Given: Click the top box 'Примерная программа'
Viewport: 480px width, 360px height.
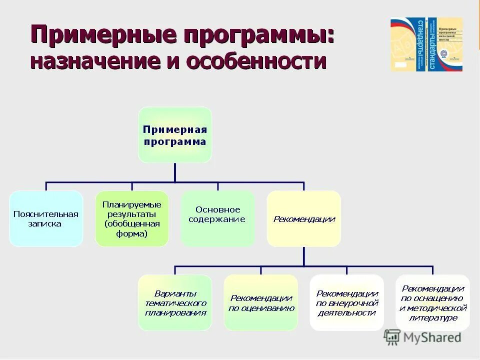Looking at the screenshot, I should tap(174, 134).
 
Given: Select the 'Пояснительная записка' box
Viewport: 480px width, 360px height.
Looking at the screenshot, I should tap(46, 218).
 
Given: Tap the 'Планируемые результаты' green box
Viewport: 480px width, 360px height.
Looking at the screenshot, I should tap(132, 218).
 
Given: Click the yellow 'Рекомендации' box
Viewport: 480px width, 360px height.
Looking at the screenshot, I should tap(304, 218).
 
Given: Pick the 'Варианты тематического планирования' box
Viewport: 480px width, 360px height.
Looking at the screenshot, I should tap(175, 302).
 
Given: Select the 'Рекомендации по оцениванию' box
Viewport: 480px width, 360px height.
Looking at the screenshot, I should tap(261, 302).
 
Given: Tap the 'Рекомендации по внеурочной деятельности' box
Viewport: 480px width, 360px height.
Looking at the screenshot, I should tap(347, 302).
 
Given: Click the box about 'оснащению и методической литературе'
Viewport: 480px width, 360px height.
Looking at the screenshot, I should tap(433, 302).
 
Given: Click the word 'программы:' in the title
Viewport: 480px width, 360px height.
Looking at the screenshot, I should tap(259, 36).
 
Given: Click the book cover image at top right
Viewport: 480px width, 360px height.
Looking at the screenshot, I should tap(426, 44).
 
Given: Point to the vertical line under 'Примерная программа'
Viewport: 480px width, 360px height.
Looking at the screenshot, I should tap(174, 171).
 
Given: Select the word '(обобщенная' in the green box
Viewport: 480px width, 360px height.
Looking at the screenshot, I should tap(132, 223).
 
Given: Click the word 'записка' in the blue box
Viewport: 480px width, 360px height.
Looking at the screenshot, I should tap(45, 223).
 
